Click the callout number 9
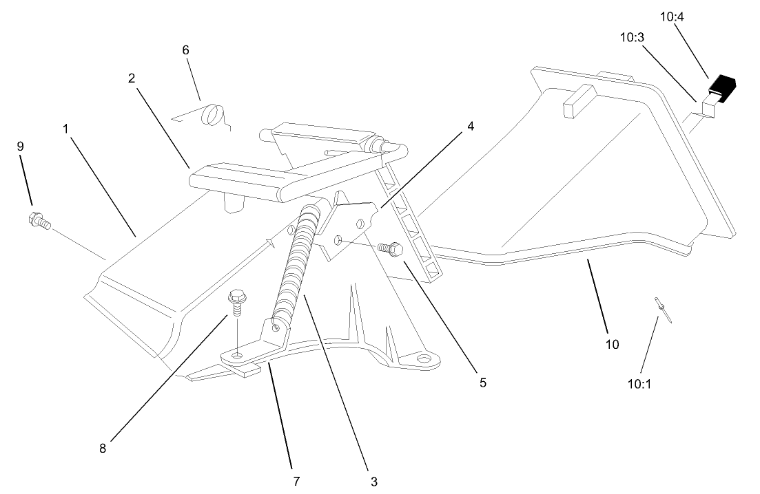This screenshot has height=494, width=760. coord(20,147)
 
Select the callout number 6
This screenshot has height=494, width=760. coord(185,50)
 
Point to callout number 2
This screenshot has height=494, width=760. coord(131,78)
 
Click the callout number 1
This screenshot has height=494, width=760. coord(67,129)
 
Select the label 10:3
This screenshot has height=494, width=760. coord(632,38)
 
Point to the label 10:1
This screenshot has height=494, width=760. coord(639,383)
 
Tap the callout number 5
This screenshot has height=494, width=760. coord(483,383)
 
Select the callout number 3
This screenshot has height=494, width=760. coord(374,481)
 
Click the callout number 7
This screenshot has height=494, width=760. coord(296,481)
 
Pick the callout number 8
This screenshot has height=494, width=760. coord(103,448)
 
